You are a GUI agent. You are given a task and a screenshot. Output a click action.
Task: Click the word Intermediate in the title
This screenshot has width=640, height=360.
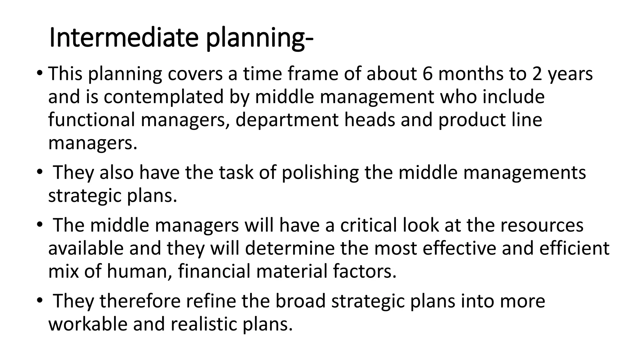pos(124,38)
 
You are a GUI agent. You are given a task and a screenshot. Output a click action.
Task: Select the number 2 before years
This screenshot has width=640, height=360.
pos(537,74)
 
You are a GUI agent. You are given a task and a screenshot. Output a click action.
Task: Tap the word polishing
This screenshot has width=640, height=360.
pos(320,173)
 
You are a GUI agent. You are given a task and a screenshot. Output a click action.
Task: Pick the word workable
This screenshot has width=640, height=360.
pos(88,324)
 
